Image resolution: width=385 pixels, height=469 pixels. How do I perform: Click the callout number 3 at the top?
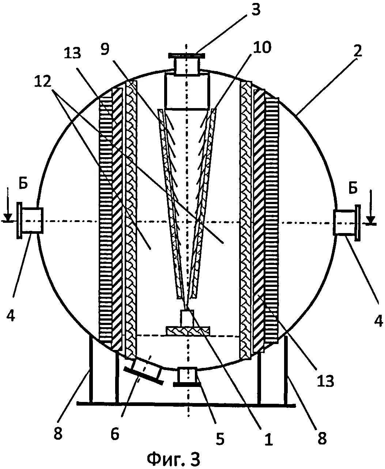point(256,10)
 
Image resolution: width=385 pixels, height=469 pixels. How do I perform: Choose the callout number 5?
point(219,438)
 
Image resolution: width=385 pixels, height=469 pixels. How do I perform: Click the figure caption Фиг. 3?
point(174,458)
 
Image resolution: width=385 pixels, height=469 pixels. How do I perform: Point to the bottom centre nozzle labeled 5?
point(187,377)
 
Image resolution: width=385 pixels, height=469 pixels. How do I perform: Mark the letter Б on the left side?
point(23,184)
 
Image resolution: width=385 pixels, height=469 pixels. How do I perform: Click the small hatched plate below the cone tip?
point(188,331)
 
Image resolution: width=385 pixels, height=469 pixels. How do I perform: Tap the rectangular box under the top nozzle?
point(187,92)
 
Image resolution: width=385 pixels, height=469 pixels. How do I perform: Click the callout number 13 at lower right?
point(325,381)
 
